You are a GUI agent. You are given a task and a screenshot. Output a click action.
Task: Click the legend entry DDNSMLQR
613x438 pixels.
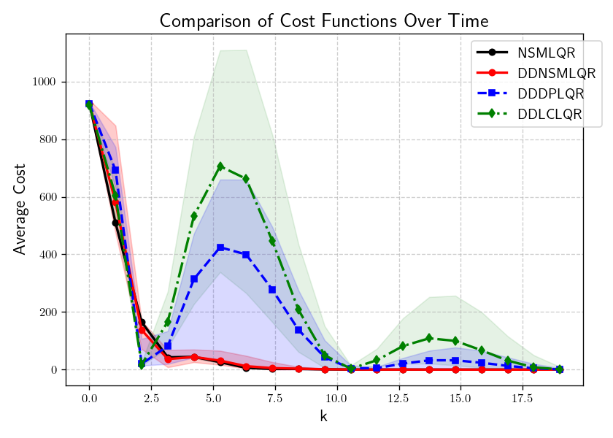point(556,73)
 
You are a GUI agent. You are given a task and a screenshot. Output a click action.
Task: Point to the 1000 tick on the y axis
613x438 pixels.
point(44,82)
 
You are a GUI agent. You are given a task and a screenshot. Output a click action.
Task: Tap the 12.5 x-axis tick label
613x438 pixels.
point(398,399)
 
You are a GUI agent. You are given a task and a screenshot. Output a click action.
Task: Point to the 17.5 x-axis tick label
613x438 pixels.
point(523,399)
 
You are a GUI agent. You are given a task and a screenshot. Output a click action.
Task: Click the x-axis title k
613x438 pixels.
point(324,417)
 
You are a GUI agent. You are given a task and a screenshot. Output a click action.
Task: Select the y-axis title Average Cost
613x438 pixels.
point(20,210)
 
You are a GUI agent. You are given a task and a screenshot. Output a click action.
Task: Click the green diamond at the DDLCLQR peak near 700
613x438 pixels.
point(220,166)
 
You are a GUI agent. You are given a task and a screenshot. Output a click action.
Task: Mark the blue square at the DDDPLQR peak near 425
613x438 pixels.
point(220,247)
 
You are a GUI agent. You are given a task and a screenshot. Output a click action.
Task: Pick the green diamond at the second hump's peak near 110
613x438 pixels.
point(429,338)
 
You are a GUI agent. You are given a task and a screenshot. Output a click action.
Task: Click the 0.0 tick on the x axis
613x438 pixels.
point(89,399)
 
